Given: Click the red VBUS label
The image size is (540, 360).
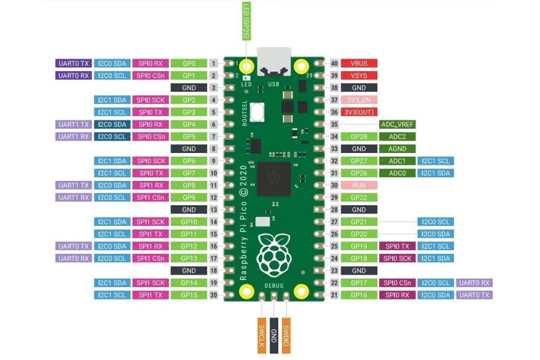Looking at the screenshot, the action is (360, 63).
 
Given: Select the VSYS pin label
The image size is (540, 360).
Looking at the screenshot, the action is (360, 75).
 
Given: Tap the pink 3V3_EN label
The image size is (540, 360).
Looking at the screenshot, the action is (360, 100).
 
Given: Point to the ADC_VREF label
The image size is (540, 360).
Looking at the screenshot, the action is (398, 125).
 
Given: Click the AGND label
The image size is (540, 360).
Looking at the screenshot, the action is (398, 149).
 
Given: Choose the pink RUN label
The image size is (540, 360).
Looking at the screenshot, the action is (360, 185).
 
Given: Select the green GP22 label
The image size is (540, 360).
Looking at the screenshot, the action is (360, 197).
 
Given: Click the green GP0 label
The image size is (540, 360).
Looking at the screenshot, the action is (189, 63).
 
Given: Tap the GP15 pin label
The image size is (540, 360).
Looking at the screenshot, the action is (189, 295).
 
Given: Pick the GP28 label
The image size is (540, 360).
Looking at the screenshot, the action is (360, 136).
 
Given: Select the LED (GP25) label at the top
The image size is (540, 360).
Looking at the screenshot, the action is (246, 21).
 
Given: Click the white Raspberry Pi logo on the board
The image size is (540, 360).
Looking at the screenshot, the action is (274, 255).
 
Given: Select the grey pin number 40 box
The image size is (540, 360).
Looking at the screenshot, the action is (334, 63).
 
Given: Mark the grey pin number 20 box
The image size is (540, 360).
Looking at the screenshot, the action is (213, 295).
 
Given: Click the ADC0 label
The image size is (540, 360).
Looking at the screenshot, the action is (398, 173).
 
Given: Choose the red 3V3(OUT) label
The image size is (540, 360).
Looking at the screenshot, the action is (360, 112).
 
